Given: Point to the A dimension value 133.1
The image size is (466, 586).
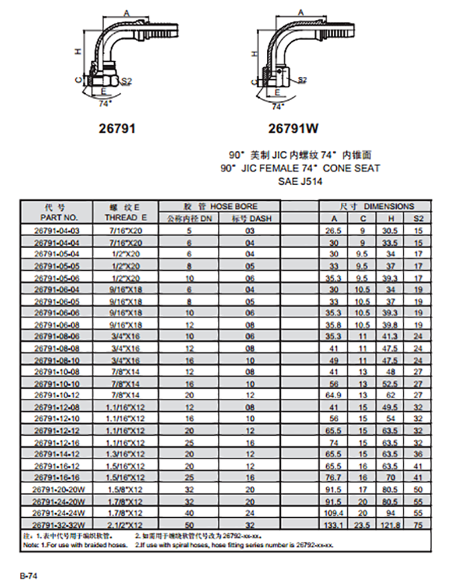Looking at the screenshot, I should (x=334, y=525).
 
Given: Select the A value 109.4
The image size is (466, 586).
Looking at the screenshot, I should (x=334, y=513).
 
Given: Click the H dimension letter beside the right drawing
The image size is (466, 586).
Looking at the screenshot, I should (x=253, y=53).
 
